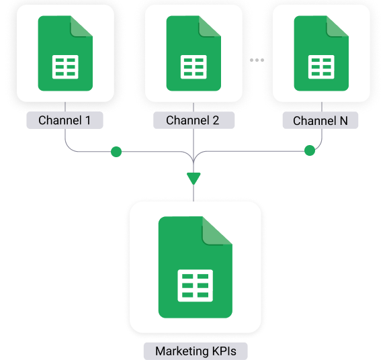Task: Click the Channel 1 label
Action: click(64, 120)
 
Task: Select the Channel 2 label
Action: click(193, 120)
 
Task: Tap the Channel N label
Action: click(320, 120)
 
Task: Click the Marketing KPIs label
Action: click(196, 351)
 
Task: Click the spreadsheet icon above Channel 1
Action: click(65, 53)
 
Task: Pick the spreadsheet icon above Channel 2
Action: click(193, 53)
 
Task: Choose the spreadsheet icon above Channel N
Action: click(321, 53)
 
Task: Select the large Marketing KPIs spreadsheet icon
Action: click(196, 267)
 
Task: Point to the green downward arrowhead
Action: click(193, 179)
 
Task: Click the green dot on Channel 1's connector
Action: click(116, 152)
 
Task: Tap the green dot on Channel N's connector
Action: click(310, 150)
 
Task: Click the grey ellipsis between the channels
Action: click(257, 60)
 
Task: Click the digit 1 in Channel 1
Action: click(87, 120)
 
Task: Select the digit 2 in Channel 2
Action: click(216, 120)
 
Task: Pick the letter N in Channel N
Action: click(344, 121)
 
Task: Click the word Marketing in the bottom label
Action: click(182, 351)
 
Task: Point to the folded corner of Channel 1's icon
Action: click(80, 27)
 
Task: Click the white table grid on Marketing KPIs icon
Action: click(196, 285)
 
